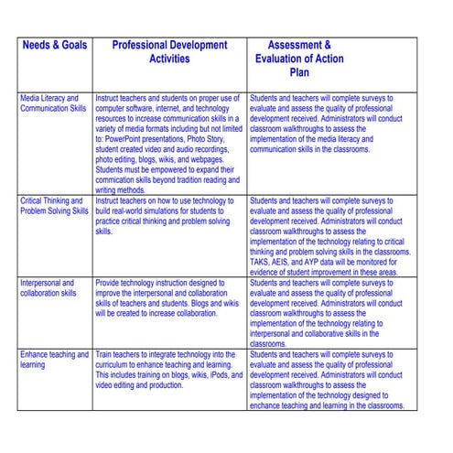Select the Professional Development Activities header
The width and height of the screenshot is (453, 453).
[169, 51]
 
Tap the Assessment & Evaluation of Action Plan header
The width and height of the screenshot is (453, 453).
[299, 59]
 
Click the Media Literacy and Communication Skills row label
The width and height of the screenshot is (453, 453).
[54, 103]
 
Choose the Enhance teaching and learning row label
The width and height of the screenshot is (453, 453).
[54, 360]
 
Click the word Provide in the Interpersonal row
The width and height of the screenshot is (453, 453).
[111, 284]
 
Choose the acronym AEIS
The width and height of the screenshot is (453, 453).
[288, 262]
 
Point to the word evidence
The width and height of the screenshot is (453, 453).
[269, 272]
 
